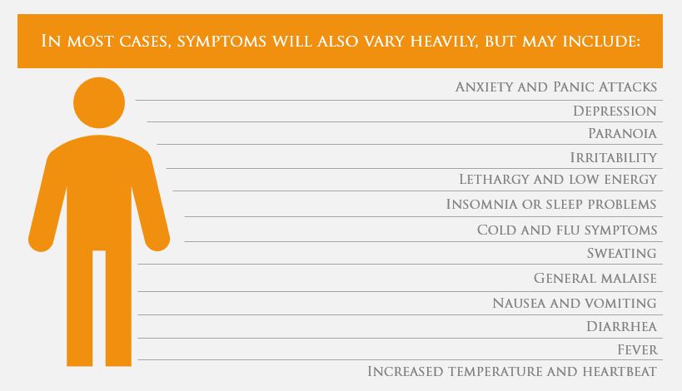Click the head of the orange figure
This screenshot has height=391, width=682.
[99, 103]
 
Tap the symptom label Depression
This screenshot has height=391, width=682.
[615, 111]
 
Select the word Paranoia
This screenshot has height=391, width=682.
[622, 133]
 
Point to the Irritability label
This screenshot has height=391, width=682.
[613, 157]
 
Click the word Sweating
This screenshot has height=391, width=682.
[621, 253]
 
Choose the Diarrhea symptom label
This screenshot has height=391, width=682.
[621, 326]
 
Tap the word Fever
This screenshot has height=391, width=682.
[637, 349]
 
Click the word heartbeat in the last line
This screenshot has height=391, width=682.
[620, 371]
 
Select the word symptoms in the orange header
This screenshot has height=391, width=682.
[222, 42]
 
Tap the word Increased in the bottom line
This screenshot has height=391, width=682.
[406, 371]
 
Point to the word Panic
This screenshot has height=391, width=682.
[574, 87]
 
